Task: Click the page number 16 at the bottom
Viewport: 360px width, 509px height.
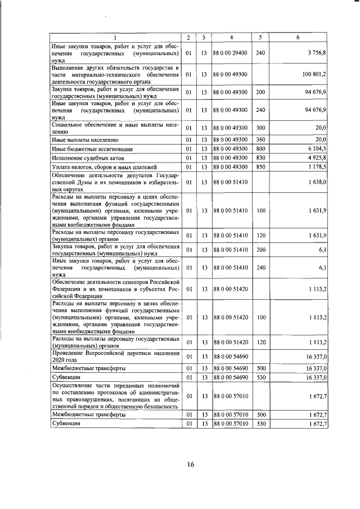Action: [x=191, y=464]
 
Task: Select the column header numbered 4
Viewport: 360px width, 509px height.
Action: [x=232, y=38]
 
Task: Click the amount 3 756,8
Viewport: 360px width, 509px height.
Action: [x=316, y=53]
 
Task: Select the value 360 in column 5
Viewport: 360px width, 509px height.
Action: [x=260, y=139]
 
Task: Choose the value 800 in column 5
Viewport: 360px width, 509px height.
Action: [x=260, y=149]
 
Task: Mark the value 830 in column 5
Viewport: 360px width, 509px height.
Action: [x=260, y=158]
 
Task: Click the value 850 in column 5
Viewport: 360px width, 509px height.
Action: [x=260, y=167]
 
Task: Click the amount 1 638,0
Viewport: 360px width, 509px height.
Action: [x=317, y=182]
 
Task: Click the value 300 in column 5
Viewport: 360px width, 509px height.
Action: [x=260, y=128]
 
